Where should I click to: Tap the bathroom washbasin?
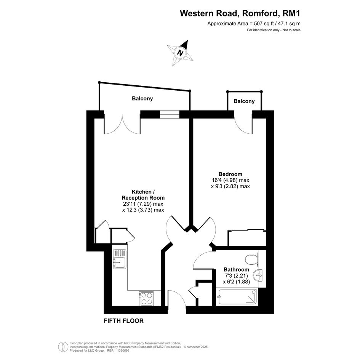point(258,275)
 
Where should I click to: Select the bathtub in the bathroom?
point(237,297)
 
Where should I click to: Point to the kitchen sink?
point(119,259)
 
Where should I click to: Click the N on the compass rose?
point(181,53)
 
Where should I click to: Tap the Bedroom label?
point(230,174)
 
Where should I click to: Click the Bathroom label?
point(236,269)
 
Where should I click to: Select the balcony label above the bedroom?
point(244,101)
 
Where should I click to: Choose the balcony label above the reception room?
point(142,99)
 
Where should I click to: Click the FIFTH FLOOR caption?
point(124,321)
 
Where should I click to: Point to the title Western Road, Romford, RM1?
point(240,13)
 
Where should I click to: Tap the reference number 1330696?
point(123,350)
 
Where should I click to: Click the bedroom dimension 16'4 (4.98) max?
point(230,180)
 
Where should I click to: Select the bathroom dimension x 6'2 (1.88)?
point(236,282)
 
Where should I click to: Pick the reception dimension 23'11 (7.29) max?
point(143,204)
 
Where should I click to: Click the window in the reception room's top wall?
point(170,114)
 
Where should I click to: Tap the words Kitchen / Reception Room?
point(143,195)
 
